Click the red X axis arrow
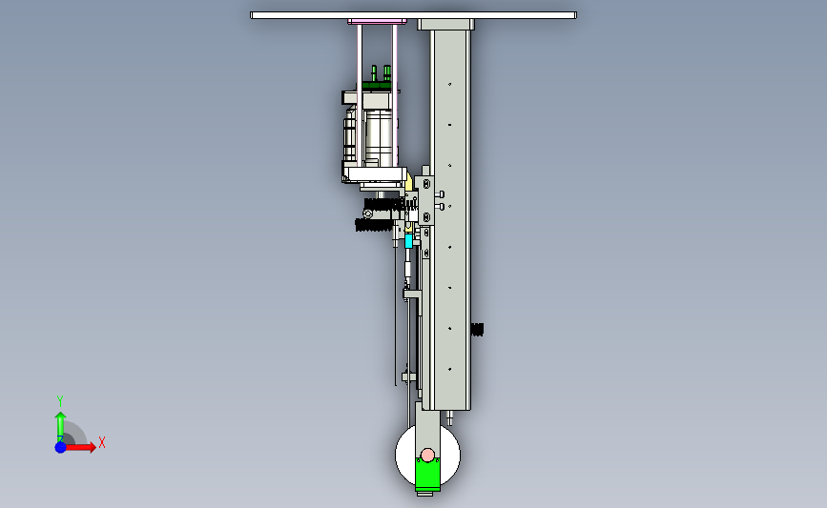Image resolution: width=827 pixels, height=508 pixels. coord(79,447)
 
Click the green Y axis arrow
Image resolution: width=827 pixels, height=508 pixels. coord(60,426)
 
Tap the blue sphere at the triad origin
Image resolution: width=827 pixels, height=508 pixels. coord(60,447)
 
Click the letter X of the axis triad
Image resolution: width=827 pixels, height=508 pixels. coord(102,442)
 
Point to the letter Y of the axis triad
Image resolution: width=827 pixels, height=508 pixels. coord(59,401)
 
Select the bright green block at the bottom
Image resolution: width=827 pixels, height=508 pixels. coord(427,475)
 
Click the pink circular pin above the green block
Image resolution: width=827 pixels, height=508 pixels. coord(427,455)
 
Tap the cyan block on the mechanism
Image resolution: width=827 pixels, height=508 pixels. coord(408,241)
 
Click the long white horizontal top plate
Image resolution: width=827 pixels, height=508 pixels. coord(414,15)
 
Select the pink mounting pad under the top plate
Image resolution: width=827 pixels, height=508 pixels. coord(377,22)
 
